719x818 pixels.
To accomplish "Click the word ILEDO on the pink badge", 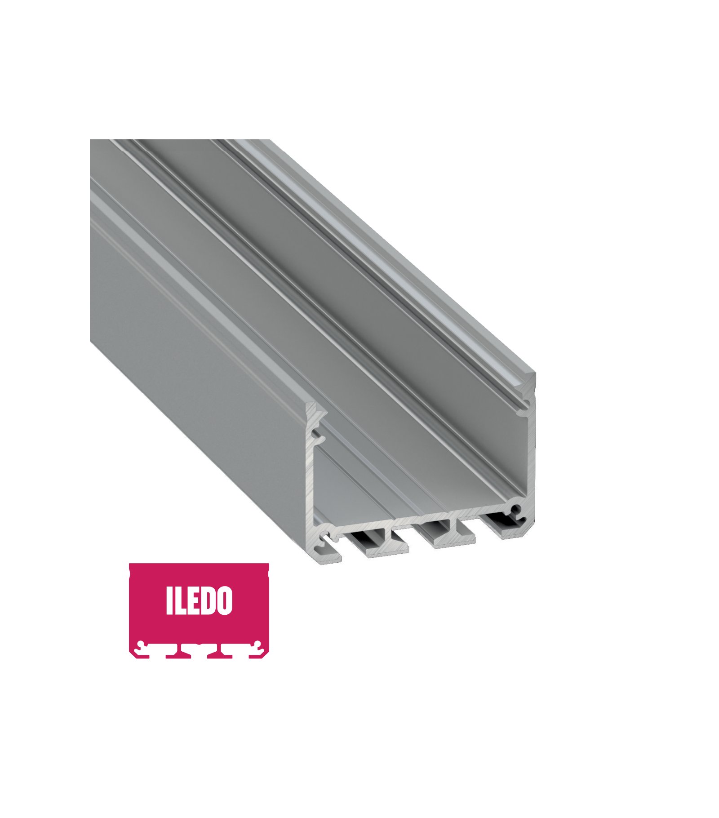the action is tap(199, 600).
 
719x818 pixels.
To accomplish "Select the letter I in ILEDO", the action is tap(169, 600).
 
